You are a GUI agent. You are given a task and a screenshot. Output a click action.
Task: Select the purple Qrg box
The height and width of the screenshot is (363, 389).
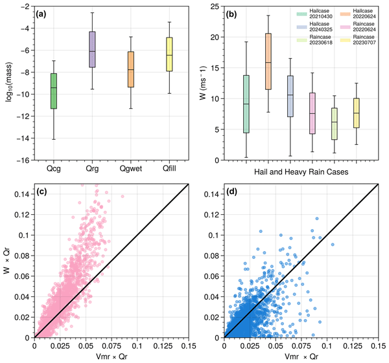pyautogui.click(x=92, y=49)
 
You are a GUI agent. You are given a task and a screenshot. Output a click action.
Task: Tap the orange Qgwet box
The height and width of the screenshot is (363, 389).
pyautogui.click(x=131, y=69)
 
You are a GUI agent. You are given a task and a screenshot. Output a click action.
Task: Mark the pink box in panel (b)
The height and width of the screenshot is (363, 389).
pyautogui.click(x=312, y=113)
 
